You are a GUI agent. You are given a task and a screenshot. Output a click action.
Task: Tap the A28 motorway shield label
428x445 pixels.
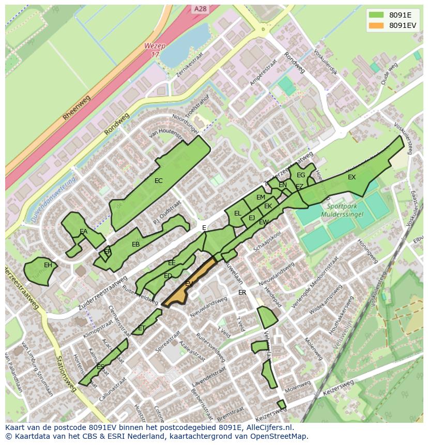click(200, 9)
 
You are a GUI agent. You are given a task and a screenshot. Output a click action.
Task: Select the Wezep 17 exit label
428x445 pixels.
click(155, 50)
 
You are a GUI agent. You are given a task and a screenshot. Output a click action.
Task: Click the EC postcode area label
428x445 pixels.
click(158, 181)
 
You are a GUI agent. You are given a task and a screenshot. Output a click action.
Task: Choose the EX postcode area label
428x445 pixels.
click(351, 177)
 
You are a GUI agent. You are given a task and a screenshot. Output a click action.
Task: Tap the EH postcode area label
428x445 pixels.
click(48, 265)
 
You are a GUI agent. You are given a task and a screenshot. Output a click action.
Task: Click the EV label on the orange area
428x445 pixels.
click(189, 284)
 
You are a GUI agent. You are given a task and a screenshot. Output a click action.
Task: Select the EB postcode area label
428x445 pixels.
click(135, 244)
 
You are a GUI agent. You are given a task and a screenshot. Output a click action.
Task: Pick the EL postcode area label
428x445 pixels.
click(237, 213)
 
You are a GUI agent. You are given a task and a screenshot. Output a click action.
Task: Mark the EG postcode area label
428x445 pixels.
click(300, 175)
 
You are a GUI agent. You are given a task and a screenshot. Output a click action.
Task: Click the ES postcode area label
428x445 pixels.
click(100, 366)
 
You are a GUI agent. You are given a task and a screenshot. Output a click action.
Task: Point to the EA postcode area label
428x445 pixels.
click(83, 232)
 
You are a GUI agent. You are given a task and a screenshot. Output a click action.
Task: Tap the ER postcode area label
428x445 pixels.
click(242, 293)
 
